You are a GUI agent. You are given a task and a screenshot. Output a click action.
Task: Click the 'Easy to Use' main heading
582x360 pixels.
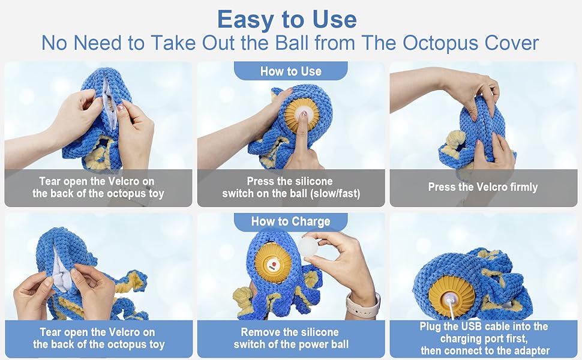click(x=287, y=19)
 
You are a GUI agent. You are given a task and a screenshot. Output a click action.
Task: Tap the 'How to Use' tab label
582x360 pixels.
click(x=290, y=71)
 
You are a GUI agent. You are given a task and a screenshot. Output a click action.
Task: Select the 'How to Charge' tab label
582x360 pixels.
click(x=290, y=221)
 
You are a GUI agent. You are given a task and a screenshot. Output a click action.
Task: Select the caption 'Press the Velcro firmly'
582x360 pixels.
click(x=482, y=187)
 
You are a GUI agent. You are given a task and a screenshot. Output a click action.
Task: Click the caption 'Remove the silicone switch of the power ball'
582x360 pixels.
click(x=290, y=338)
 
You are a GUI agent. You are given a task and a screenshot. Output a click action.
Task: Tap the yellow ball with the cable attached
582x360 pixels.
click(x=452, y=295)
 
